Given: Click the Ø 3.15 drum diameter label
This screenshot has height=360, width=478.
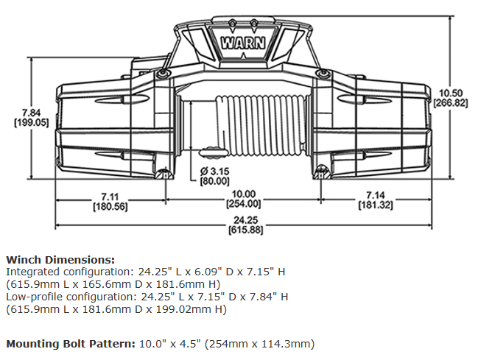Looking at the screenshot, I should (214, 172).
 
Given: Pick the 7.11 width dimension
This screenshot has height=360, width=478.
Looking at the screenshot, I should (110, 197).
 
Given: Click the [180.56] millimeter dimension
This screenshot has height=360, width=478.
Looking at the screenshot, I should (110, 206).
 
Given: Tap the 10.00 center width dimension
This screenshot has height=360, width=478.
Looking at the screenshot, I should (243, 194).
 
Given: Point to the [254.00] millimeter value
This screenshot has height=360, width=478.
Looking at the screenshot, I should (243, 203).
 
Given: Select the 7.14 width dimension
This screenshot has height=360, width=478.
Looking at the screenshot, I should (375, 197).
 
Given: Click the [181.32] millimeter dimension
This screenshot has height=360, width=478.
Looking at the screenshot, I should (375, 206).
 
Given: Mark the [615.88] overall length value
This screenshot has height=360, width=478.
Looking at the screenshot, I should (243, 230).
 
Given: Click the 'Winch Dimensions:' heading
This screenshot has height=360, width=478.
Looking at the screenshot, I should (60, 260).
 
